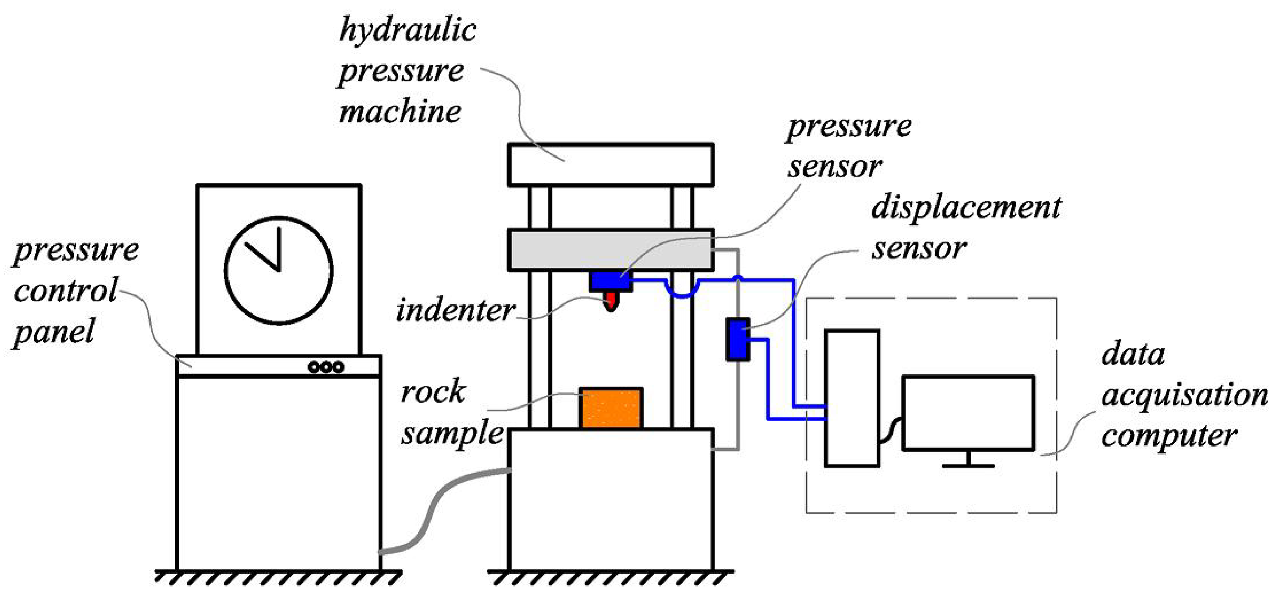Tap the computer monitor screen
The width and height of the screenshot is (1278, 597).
[968, 413]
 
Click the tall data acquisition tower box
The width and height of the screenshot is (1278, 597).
[852, 398]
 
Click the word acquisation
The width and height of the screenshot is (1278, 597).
[1184, 396]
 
